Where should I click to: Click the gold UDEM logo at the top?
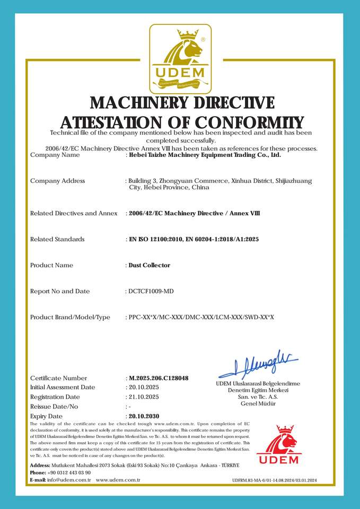180,58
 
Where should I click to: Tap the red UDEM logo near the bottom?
277,445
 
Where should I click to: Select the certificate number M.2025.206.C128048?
159,378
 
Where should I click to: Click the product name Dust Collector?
150,265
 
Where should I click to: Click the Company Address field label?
57,181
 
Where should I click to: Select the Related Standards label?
57,239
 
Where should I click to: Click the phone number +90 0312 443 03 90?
69,472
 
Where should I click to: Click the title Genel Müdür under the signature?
258,403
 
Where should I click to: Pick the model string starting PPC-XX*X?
201,317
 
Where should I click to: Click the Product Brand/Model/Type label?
70,317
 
